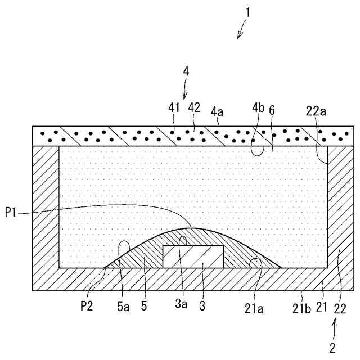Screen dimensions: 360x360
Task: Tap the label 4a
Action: (x=218, y=112)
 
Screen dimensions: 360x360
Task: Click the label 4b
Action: (x=258, y=107)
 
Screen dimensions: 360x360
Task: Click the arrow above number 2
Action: (x=336, y=327)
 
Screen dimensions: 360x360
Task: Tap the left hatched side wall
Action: (x=46, y=214)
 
